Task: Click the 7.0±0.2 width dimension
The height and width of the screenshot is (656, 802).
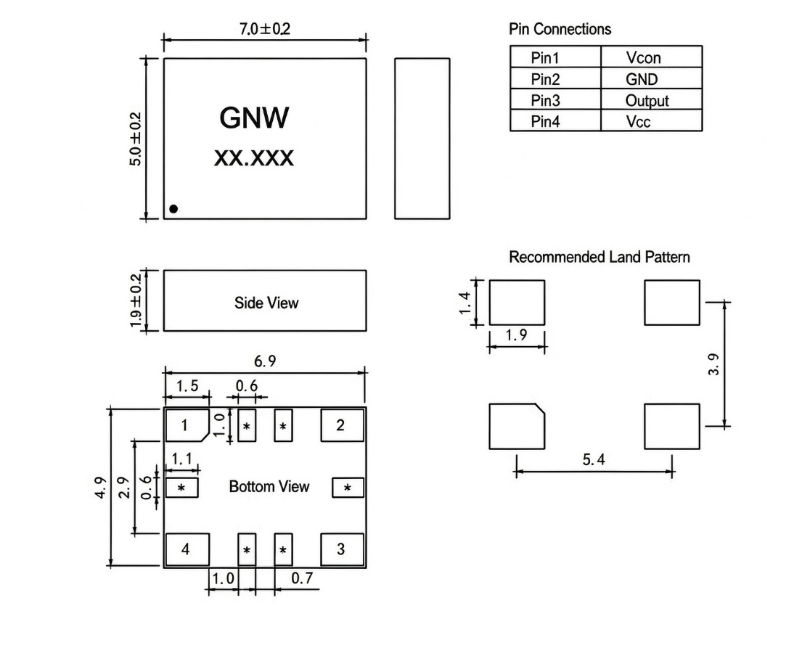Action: click(264, 28)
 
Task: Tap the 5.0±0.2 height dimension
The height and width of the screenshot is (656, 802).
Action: click(136, 139)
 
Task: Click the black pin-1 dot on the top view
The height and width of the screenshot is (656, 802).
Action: click(173, 208)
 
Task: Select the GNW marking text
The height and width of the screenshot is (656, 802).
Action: click(254, 118)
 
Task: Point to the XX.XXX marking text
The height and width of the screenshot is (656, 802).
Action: click(254, 158)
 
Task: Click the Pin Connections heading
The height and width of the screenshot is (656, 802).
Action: click(560, 29)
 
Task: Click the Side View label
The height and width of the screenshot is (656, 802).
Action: click(266, 303)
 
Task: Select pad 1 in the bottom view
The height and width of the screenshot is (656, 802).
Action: click(187, 425)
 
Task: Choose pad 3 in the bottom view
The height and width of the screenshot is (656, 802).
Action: click(342, 549)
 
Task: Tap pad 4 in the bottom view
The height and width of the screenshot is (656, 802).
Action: click(187, 549)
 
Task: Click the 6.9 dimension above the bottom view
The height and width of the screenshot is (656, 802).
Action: click(265, 361)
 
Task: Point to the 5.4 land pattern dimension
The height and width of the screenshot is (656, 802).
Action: click(594, 459)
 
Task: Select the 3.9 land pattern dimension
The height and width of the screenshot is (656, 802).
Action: click(714, 364)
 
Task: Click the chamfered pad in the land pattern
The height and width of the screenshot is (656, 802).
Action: click(517, 427)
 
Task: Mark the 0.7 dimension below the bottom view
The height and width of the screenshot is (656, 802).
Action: click(302, 578)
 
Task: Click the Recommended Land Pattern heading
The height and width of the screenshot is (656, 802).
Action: click(600, 257)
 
